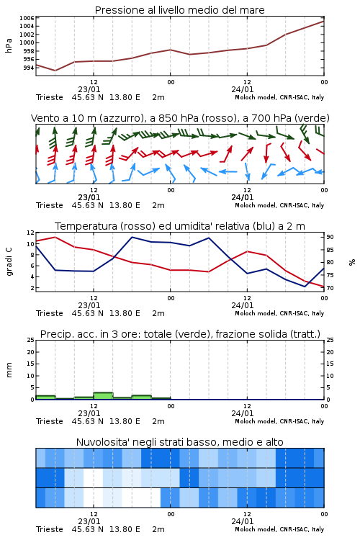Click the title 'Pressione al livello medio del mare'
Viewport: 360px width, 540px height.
click(x=179, y=10)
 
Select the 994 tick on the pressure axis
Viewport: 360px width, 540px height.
click(x=29, y=68)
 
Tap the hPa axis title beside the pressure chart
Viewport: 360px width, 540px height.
click(x=9, y=45)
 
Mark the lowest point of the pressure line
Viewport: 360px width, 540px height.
click(x=55, y=71)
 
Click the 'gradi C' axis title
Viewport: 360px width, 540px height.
click(x=9, y=261)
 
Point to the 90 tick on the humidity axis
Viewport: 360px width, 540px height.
click(x=330, y=237)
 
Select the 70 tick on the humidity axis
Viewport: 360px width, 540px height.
click(x=330, y=288)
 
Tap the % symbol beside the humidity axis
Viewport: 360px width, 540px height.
click(x=352, y=262)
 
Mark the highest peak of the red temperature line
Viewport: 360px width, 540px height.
click(x=55, y=237)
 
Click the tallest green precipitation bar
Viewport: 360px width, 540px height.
click(x=103, y=396)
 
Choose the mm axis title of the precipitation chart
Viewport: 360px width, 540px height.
click(x=9, y=370)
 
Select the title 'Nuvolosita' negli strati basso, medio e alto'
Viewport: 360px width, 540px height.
click(x=179, y=442)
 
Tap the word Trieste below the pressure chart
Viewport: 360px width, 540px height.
click(x=50, y=97)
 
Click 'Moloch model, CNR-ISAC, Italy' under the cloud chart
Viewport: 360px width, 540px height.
click(x=279, y=529)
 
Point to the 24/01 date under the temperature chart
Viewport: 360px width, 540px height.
click(x=242, y=305)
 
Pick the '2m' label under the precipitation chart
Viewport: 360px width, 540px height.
click(x=158, y=421)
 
